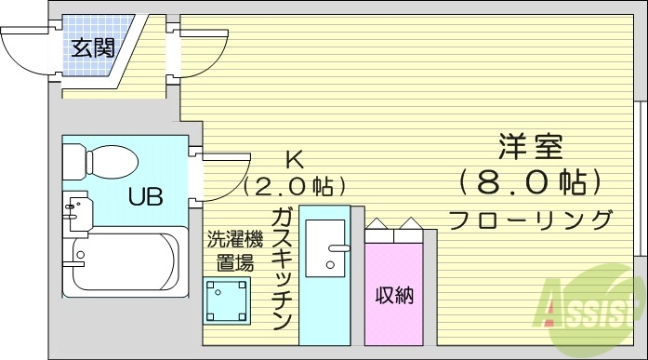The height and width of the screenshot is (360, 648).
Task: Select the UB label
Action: click(x=146, y=197)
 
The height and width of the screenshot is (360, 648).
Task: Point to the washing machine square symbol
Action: click(x=228, y=300)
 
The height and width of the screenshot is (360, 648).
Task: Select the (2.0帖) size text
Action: click(x=295, y=186)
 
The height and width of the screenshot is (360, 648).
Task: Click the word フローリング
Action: click(x=531, y=220)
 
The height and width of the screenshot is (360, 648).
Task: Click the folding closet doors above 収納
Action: click(x=395, y=227)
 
